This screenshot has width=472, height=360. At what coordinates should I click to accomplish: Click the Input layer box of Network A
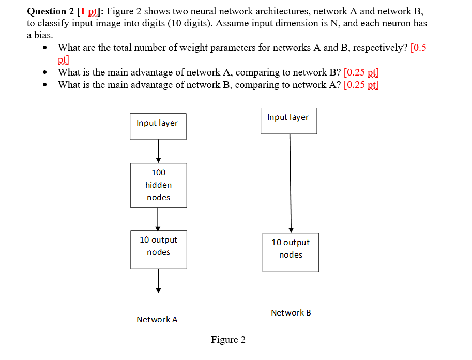click(x=158, y=126)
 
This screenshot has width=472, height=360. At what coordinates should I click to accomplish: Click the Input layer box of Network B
click(x=288, y=121)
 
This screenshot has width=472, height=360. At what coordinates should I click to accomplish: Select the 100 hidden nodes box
click(x=158, y=185)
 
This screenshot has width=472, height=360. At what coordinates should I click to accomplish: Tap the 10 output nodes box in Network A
click(x=158, y=249)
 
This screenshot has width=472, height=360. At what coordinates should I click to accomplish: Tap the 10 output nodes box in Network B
click(x=291, y=252)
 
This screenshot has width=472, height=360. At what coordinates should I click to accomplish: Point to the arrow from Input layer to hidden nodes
click(x=158, y=151)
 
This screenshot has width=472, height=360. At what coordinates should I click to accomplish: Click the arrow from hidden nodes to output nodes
click(x=158, y=219)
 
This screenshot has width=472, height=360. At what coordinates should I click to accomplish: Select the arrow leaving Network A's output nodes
click(x=158, y=281)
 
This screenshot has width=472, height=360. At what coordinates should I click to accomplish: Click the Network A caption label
click(x=157, y=320)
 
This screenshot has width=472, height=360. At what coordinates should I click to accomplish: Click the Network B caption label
click(x=291, y=313)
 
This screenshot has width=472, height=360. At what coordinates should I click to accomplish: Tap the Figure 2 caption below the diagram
click(x=228, y=340)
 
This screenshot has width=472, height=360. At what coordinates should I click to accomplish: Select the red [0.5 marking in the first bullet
click(x=418, y=48)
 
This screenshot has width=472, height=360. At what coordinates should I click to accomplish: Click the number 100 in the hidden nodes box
click(x=159, y=172)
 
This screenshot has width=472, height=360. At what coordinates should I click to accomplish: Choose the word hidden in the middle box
click(x=158, y=185)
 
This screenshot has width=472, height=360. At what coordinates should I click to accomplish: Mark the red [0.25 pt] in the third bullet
click(x=361, y=85)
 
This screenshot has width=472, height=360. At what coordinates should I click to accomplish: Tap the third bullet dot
click(x=47, y=85)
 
